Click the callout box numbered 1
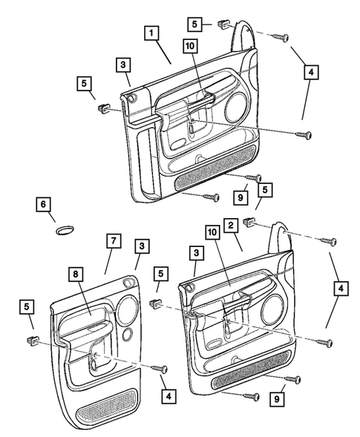pyautogui.click(x=151, y=33)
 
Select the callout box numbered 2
pyautogui.click(x=231, y=226)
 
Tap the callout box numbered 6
pyautogui.click(x=43, y=204)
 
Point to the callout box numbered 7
pyautogui.click(x=114, y=240)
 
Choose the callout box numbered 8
pyautogui.click(x=76, y=275)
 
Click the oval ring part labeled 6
pyautogui.click(x=65, y=230)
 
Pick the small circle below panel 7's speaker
pyautogui.click(x=128, y=335)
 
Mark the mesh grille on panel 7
pyautogui.click(x=107, y=407)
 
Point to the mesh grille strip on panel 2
pyautogui.click(x=251, y=369)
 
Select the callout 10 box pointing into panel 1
pyautogui.click(x=190, y=46)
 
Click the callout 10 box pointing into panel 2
pyautogui.click(x=212, y=232)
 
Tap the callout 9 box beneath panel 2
pyautogui.click(x=277, y=399)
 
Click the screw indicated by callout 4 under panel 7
pyautogui.click(x=160, y=369)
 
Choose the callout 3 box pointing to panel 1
pyautogui.click(x=123, y=65)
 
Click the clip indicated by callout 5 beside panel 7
pyautogui.click(x=33, y=340)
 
